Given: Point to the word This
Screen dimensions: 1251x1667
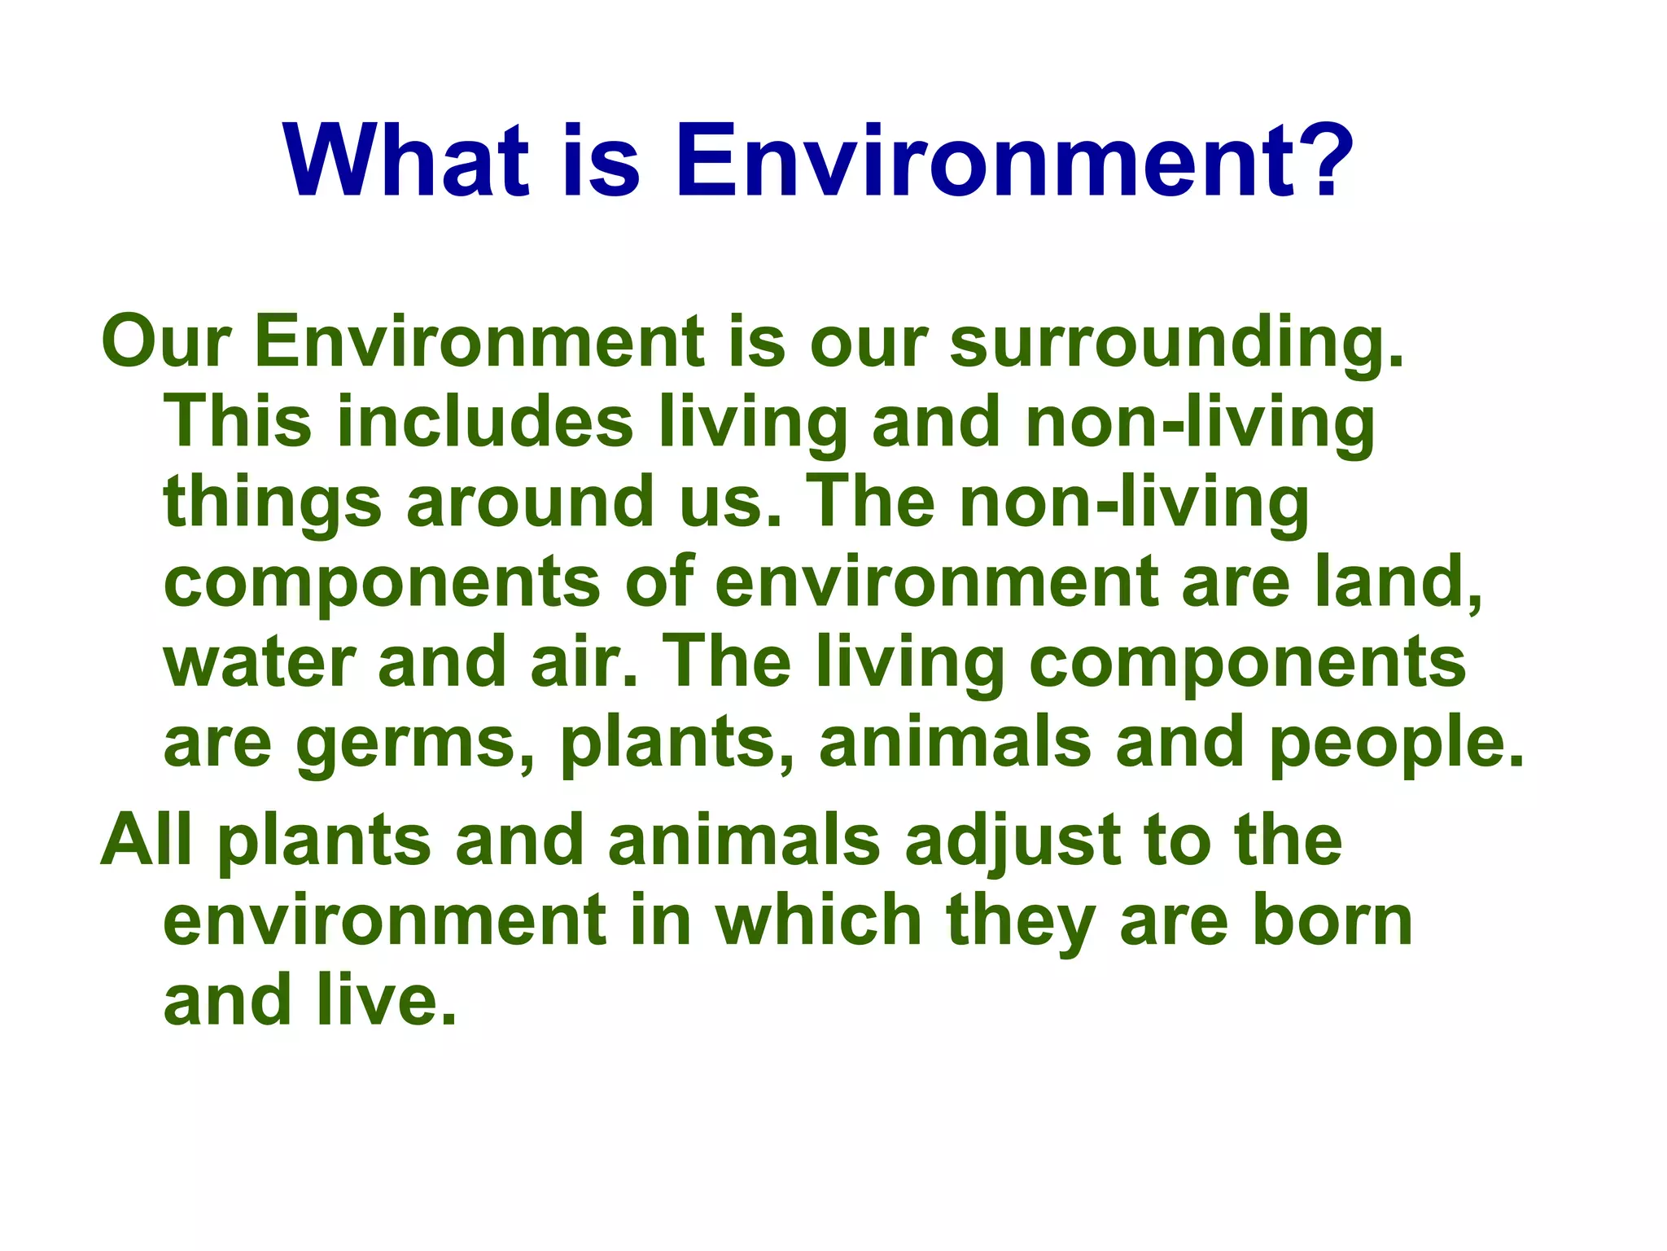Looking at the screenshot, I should tap(237, 421).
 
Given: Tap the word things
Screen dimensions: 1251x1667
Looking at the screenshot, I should tap(272, 502).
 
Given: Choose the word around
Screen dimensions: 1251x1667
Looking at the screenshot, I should tap(530, 502).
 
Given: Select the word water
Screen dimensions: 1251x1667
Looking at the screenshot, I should tap(257, 661).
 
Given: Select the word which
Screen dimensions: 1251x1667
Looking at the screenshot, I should tap(818, 920).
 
